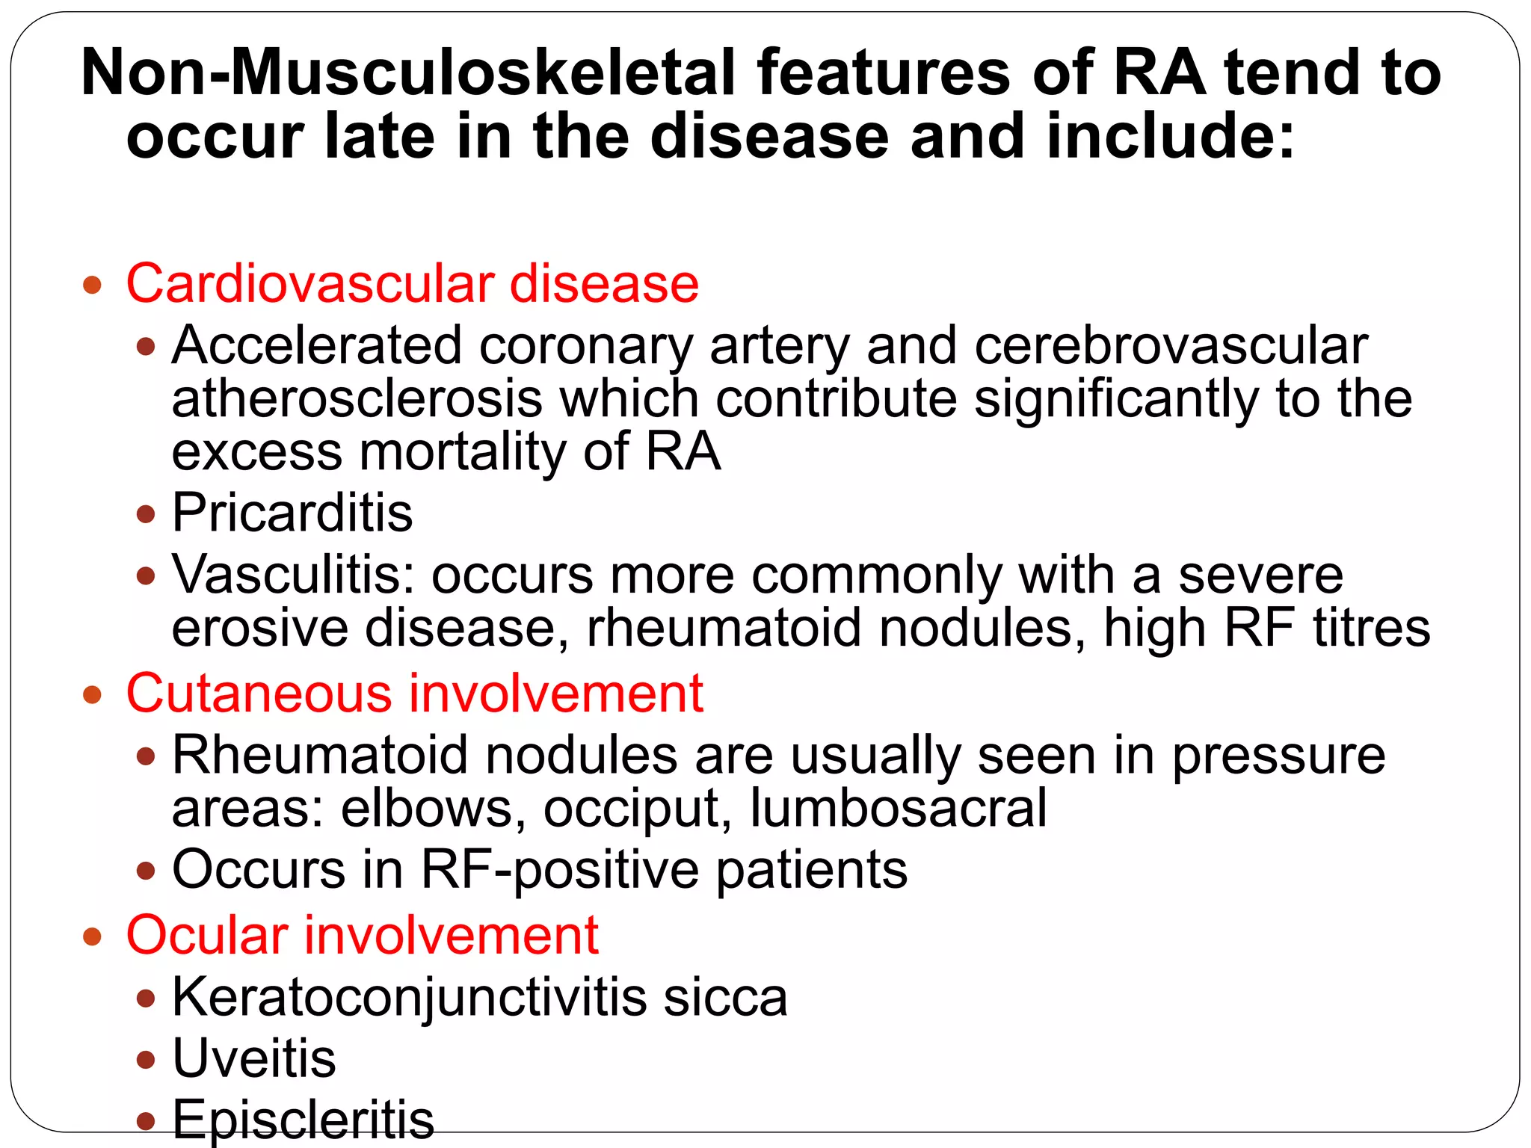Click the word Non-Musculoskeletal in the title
point(407,72)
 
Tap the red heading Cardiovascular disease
point(412,284)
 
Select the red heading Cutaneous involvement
point(415,693)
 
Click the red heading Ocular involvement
point(363,935)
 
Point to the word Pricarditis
point(292,513)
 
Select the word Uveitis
point(254,1058)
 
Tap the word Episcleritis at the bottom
point(303,1119)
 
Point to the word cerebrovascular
point(1171,345)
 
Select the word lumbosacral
point(898,809)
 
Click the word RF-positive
point(560,870)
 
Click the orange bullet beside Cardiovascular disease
point(92,285)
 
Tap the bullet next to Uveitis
point(147,1060)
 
